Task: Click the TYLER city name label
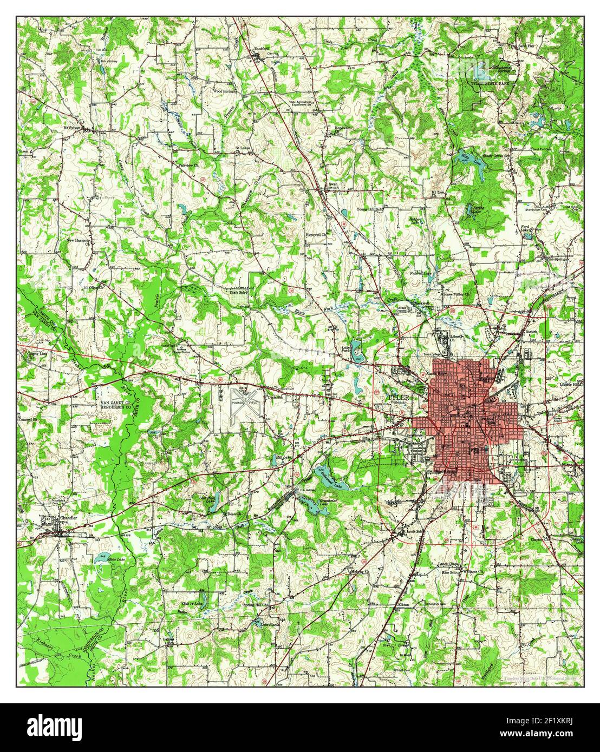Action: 399,397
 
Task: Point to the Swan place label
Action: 333,184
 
